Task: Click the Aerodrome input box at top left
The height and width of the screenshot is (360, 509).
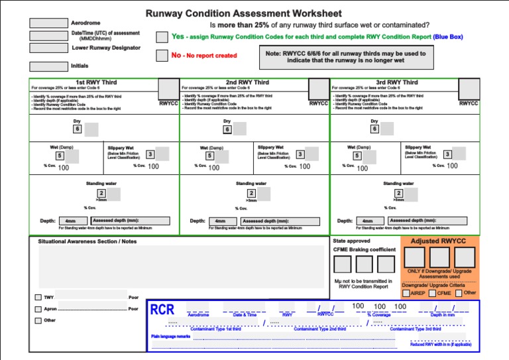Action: coord(49,22)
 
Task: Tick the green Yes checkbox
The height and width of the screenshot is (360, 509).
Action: coord(162,37)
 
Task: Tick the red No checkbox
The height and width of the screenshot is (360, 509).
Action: coord(162,56)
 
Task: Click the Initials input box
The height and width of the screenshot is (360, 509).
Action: coord(49,66)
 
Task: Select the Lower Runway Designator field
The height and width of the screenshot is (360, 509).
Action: coord(49,48)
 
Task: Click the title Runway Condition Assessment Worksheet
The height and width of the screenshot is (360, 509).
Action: coord(243,13)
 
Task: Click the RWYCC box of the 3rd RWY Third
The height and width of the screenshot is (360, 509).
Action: coord(469,89)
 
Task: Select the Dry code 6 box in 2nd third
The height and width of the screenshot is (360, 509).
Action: coord(227,129)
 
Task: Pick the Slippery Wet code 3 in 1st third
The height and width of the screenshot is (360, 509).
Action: coord(150,154)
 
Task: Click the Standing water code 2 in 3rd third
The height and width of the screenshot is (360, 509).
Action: coord(398,194)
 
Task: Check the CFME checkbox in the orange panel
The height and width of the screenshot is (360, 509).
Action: coord(433,293)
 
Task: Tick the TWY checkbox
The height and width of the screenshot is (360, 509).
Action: coord(38,297)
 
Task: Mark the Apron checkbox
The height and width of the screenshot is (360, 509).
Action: coord(38,309)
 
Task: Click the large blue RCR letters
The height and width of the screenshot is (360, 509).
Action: coord(163,310)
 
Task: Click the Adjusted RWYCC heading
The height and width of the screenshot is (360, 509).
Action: coord(439,241)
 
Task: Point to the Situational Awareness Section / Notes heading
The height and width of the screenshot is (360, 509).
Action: coord(87,241)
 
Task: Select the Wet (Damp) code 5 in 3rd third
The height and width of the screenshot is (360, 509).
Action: coord(357,156)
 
